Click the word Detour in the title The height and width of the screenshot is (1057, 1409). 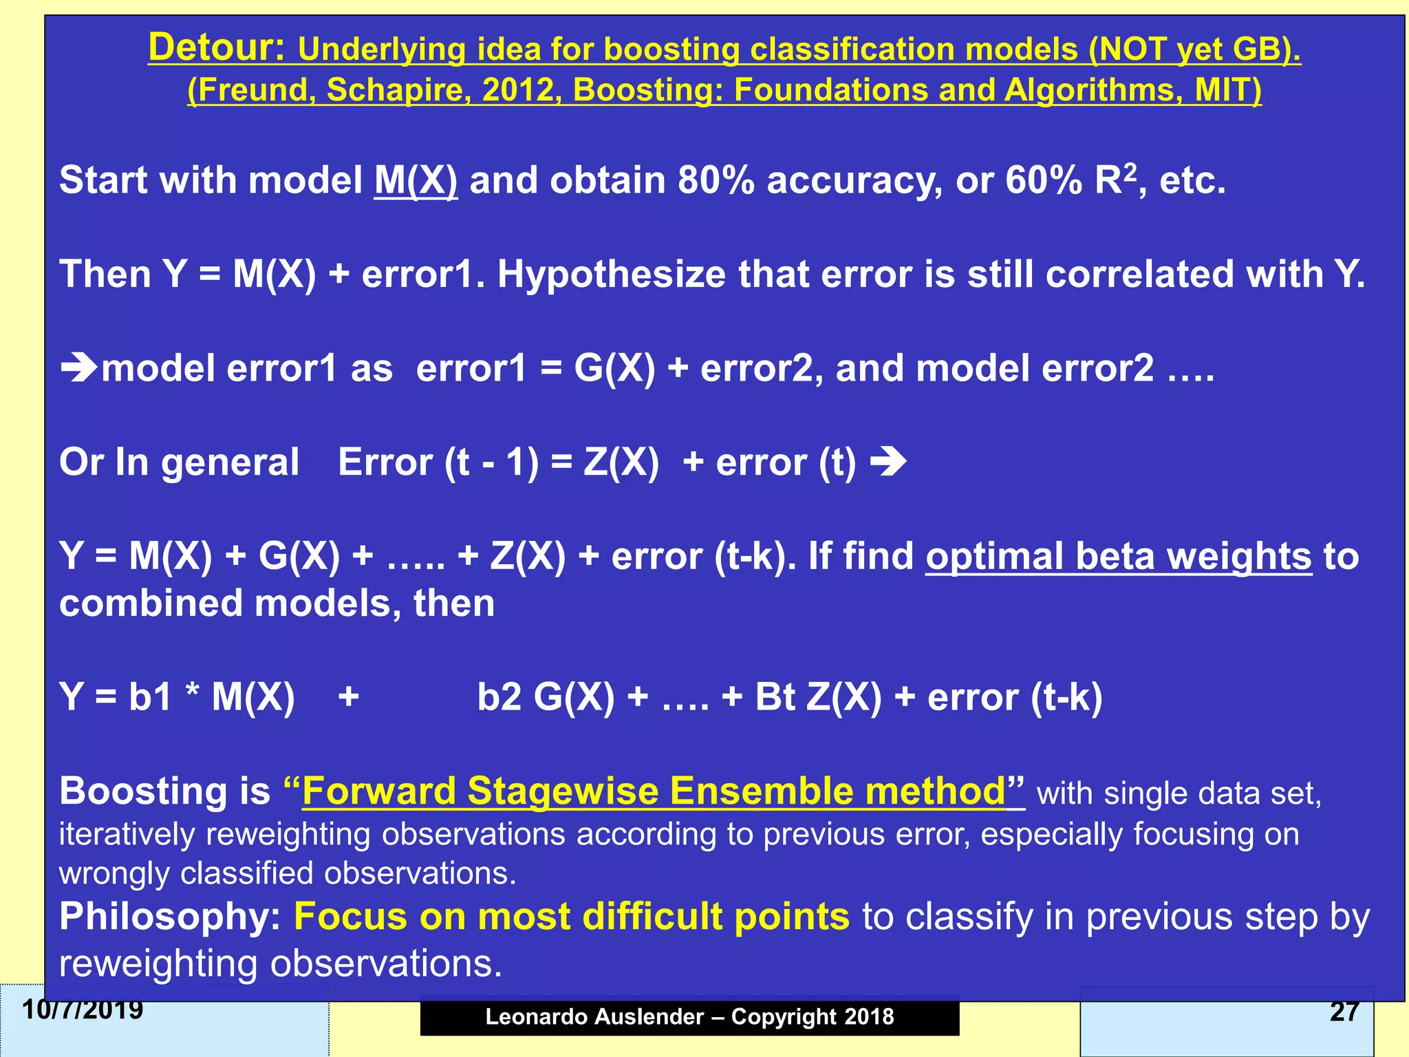pyautogui.click(x=216, y=47)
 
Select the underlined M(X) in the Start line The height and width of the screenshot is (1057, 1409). pyautogui.click(x=416, y=180)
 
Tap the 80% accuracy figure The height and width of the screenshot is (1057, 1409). pyautogui.click(x=716, y=180)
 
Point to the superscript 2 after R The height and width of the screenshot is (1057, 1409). pyautogui.click(x=1130, y=171)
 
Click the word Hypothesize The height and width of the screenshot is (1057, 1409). pyautogui.click(x=611, y=274)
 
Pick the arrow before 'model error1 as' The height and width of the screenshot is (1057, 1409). pyautogui.click(x=78, y=368)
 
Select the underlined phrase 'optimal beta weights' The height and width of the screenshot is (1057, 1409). pyautogui.click(x=1118, y=556)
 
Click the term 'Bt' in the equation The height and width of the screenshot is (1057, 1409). pyautogui.click(x=775, y=697)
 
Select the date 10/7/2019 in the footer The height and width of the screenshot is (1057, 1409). pyautogui.click(x=83, y=1010)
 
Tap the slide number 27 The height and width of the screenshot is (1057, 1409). pyautogui.click(x=1344, y=1011)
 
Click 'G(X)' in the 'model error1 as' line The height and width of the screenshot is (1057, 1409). pyautogui.click(x=614, y=368)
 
